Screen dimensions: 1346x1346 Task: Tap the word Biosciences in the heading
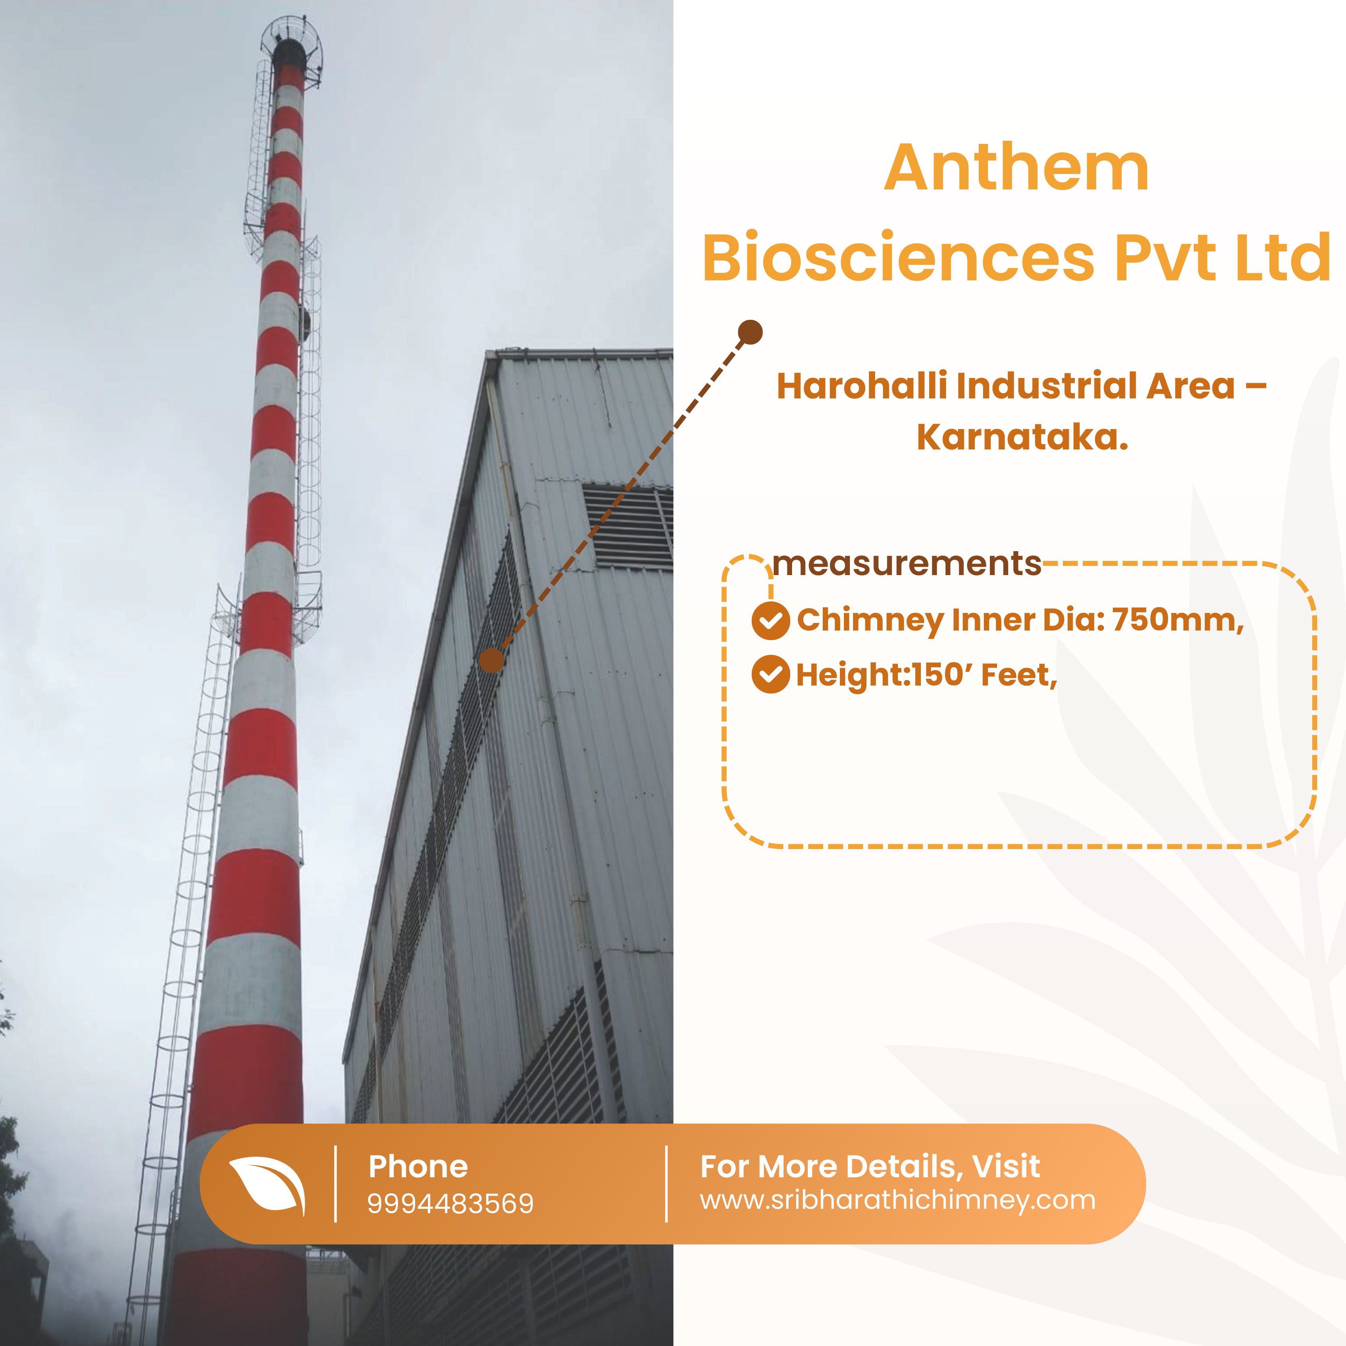pos(899,257)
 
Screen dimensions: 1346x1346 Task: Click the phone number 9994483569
pos(450,1203)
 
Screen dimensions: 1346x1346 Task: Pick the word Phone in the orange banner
pos(418,1166)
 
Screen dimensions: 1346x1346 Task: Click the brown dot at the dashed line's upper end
pos(750,332)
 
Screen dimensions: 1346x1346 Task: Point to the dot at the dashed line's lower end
pos(492,660)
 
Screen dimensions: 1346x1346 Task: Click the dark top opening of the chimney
pos(288,52)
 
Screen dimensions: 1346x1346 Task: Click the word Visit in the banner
pos(1006,1166)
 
